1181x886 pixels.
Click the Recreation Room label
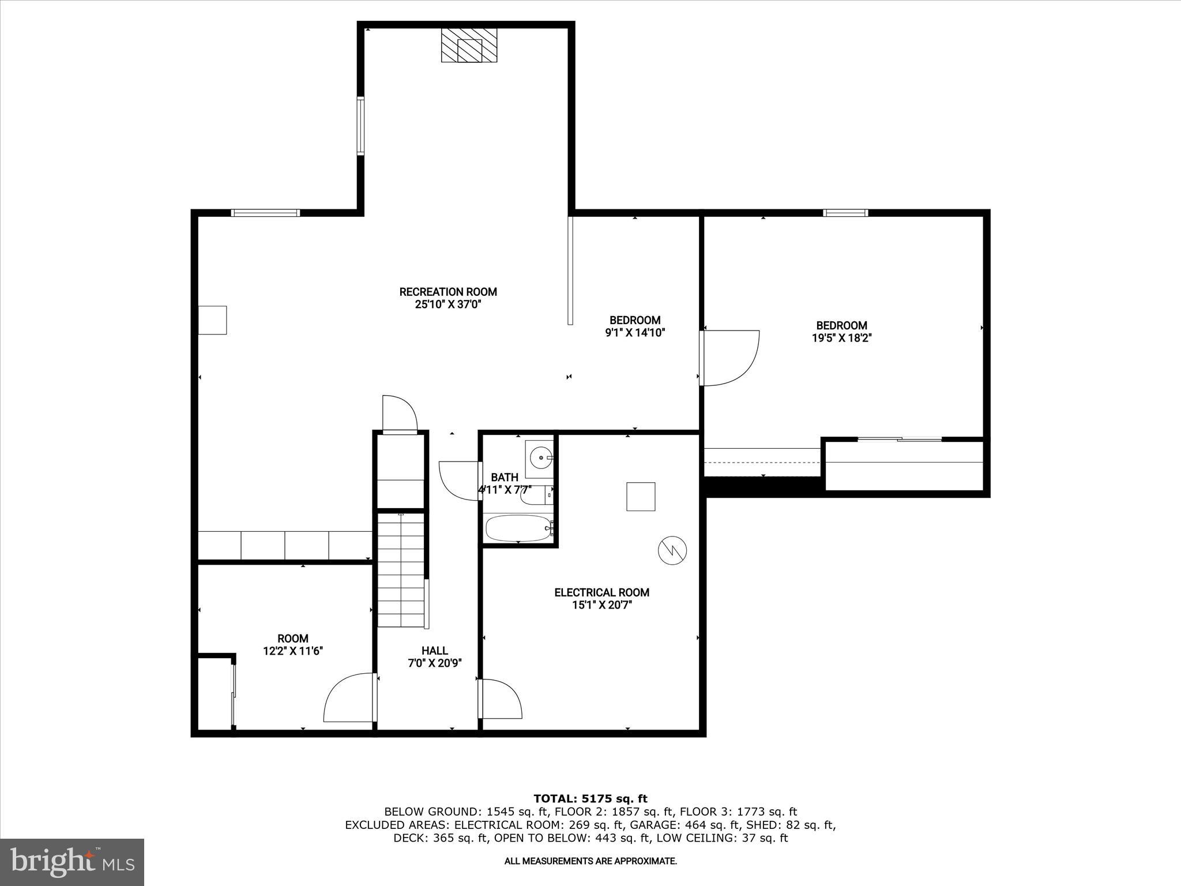click(448, 292)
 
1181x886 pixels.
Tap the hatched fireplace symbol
click(469, 46)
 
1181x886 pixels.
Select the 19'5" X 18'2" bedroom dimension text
click(841, 338)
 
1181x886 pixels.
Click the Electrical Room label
click(601, 592)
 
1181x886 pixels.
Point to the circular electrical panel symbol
click(672, 550)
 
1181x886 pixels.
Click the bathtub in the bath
click(518, 528)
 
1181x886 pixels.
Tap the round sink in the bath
click(540, 457)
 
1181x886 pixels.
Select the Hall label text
click(434, 651)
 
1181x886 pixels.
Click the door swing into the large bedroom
click(729, 358)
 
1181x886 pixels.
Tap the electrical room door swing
click(501, 699)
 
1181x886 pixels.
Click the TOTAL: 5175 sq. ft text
click(590, 799)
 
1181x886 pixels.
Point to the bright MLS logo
click(72, 862)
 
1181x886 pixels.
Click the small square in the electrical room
click(641, 497)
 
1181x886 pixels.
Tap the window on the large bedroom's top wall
click(845, 213)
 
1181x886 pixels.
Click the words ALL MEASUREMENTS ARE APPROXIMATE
click(590, 861)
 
